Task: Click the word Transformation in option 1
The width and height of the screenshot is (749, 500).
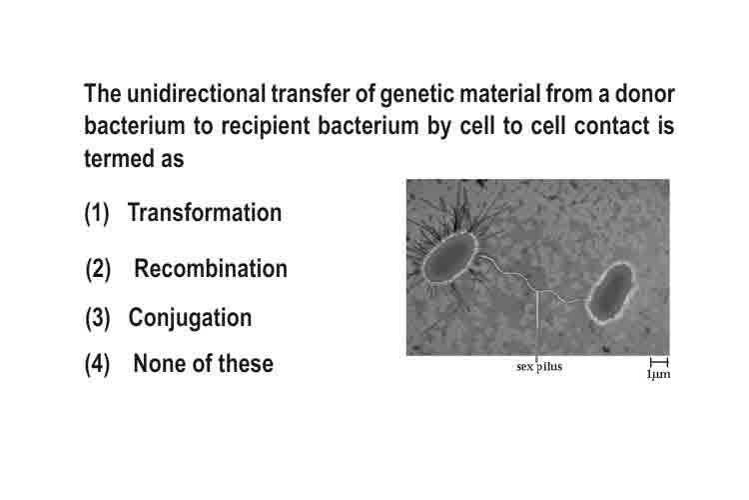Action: click(205, 212)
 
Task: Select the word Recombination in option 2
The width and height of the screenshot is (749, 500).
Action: click(211, 268)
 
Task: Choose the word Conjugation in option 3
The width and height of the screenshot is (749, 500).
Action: click(190, 318)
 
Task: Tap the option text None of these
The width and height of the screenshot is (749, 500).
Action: click(204, 364)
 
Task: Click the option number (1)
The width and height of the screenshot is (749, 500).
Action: click(97, 213)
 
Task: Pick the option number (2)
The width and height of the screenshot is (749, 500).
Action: click(99, 269)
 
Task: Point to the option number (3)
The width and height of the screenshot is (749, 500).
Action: click(98, 318)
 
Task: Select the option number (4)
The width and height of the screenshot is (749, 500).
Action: click(98, 364)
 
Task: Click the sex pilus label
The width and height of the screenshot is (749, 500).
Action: click(539, 367)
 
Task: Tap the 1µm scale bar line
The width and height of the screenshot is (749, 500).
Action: click(659, 362)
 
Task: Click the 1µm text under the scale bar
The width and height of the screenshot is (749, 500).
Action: click(659, 374)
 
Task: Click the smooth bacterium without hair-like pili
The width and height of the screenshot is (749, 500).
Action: click(612, 292)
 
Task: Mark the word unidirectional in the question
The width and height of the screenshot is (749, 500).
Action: click(197, 93)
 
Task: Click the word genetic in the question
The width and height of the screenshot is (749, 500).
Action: click(417, 94)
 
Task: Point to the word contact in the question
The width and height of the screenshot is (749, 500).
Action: click(612, 126)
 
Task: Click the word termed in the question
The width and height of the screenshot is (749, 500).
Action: click(120, 158)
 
